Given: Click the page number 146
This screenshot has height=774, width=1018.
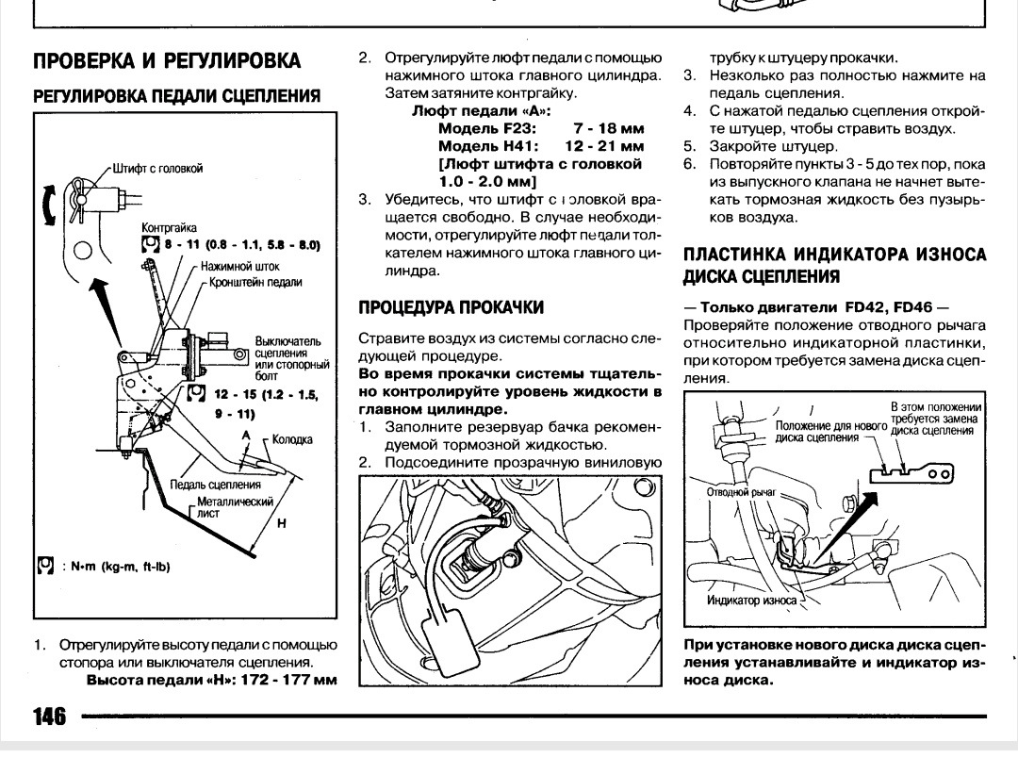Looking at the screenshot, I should [49, 717].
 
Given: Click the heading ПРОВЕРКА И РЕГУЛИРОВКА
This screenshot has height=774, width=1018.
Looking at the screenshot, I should [167, 61].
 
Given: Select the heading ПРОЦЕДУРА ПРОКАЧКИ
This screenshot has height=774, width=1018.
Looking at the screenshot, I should [451, 307].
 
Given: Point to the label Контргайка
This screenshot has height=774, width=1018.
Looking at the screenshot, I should [169, 228].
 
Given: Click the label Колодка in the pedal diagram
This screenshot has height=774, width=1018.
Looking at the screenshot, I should [292, 439].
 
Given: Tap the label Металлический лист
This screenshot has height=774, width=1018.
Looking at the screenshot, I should [234, 508].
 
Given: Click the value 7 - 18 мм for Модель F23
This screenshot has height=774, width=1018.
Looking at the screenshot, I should [608, 128].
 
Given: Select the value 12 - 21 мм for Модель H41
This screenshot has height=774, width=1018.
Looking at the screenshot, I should [604, 146].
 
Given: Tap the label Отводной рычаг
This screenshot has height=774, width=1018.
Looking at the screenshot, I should [741, 491].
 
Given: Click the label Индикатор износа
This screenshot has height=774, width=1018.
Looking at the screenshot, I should [751, 600].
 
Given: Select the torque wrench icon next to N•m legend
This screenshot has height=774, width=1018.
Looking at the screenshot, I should [43, 566].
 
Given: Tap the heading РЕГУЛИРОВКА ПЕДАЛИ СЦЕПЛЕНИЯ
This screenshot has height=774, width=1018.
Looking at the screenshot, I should [176, 96].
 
